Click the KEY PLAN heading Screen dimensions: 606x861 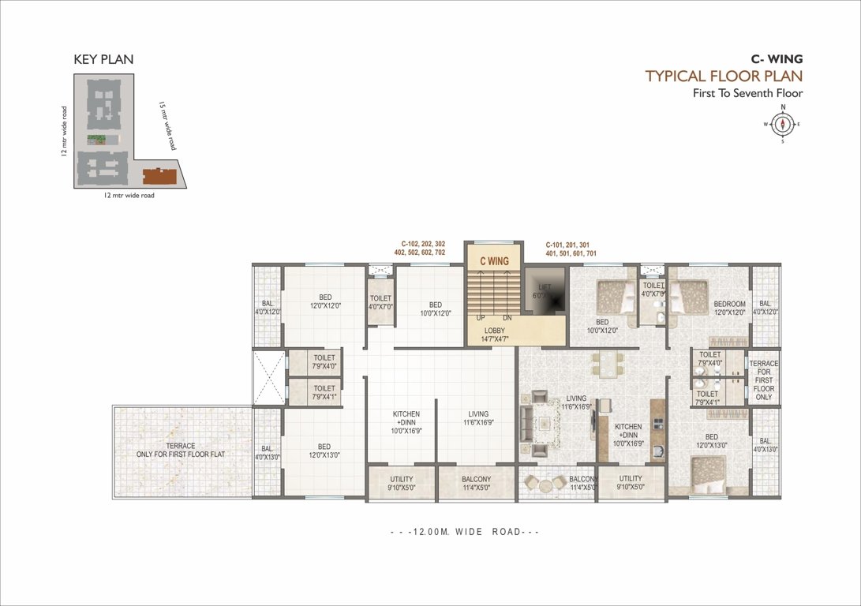tap(103, 59)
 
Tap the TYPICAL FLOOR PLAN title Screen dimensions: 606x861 tap(723, 76)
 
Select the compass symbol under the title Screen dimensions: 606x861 tap(783, 124)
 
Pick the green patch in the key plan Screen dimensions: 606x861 tap(98, 140)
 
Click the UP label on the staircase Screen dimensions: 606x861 tap(480, 317)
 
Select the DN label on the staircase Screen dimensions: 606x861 tap(507, 317)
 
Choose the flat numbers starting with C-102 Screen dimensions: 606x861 tap(422, 249)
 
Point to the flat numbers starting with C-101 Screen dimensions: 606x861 tap(570, 249)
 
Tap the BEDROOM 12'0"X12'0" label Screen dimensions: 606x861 tap(729, 308)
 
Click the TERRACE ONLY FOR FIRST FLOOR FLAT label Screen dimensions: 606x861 tap(182, 451)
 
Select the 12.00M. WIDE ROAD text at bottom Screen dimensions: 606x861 tap(465, 532)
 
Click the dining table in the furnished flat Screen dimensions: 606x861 tap(607, 365)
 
